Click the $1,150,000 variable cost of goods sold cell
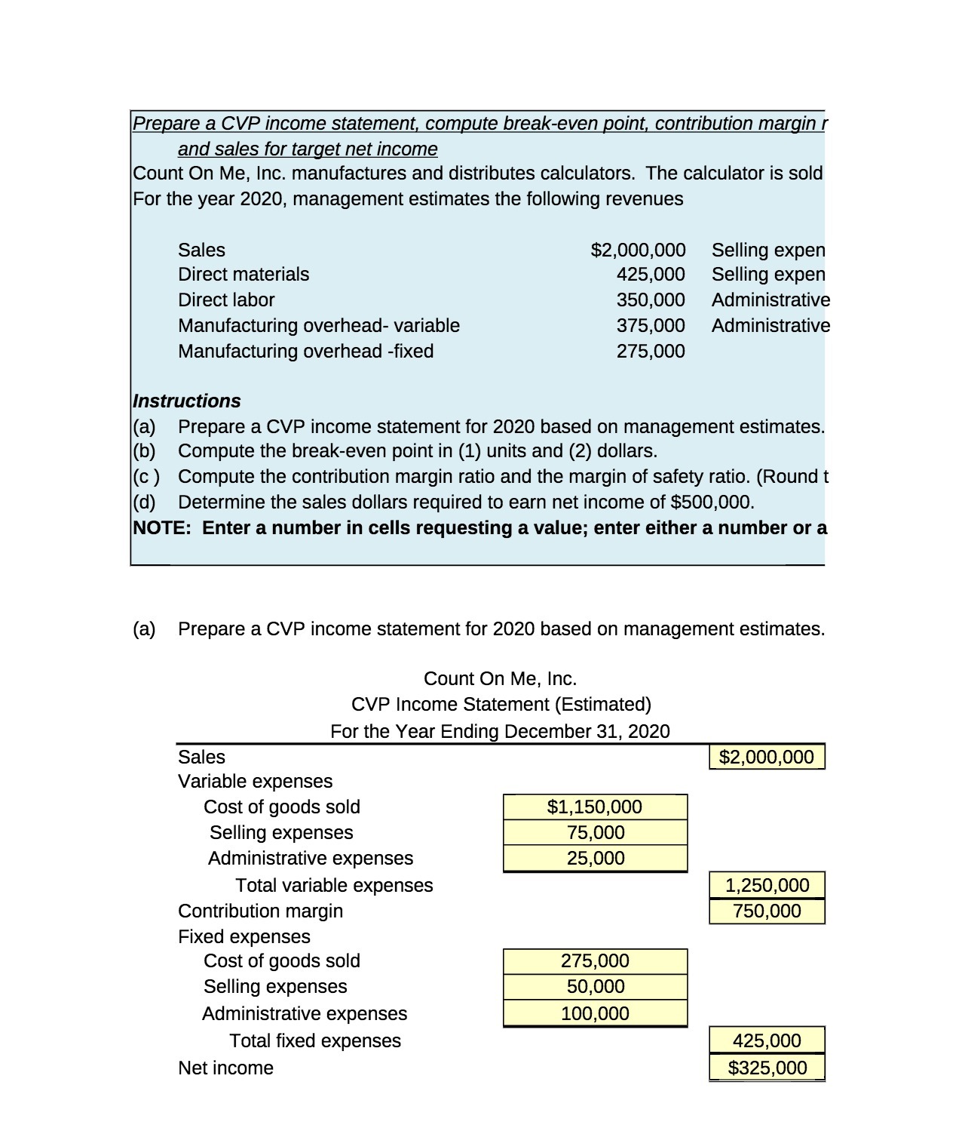[595, 807]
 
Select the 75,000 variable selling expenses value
[595, 832]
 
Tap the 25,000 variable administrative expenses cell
[595, 858]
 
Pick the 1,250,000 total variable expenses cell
[767, 885]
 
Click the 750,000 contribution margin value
[767, 911]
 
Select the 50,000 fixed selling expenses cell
[595, 986]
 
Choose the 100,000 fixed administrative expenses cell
[595, 1013]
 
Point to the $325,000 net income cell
[767, 1068]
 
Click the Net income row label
[225, 1068]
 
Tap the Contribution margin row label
[260, 911]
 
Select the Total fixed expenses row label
[314, 1040]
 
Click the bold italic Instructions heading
[187, 401]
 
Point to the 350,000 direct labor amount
[651, 300]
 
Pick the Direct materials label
[243, 274]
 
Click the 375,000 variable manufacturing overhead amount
[651, 325]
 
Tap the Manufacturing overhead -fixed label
[305, 351]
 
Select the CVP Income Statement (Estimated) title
[501, 704]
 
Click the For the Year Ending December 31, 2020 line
[500, 731]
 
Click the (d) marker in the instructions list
[145, 502]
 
